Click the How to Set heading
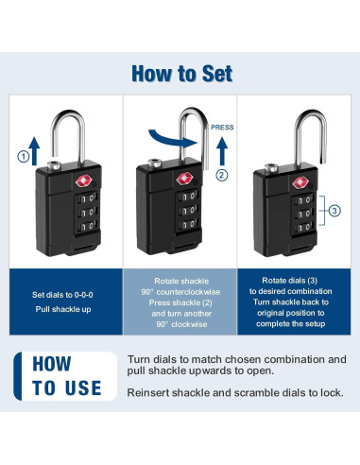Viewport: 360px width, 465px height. coord(182,74)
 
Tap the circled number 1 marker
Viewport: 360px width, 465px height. coord(24,157)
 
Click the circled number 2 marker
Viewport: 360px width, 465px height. coord(222,175)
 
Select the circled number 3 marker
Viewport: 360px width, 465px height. coord(334,211)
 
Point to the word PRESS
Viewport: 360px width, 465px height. coord(222,128)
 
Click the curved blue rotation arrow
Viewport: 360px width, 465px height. coord(173,139)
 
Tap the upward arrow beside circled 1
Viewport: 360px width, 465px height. coord(35,151)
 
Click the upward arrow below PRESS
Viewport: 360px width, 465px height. coord(222,151)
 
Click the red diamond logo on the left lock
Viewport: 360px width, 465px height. coord(84,181)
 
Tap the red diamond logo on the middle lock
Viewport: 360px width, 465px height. coord(184,179)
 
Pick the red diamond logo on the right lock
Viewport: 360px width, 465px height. coord(300,183)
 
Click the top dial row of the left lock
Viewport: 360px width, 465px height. coord(86,198)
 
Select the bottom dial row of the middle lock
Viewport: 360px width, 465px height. coord(188,224)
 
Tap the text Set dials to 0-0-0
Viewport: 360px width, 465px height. coord(62,295)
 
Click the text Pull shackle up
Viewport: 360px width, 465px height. coord(63,309)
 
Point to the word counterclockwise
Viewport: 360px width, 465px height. coord(188,292)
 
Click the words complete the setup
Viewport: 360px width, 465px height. coord(290,323)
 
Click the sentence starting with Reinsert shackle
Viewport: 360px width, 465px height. coord(235,393)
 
